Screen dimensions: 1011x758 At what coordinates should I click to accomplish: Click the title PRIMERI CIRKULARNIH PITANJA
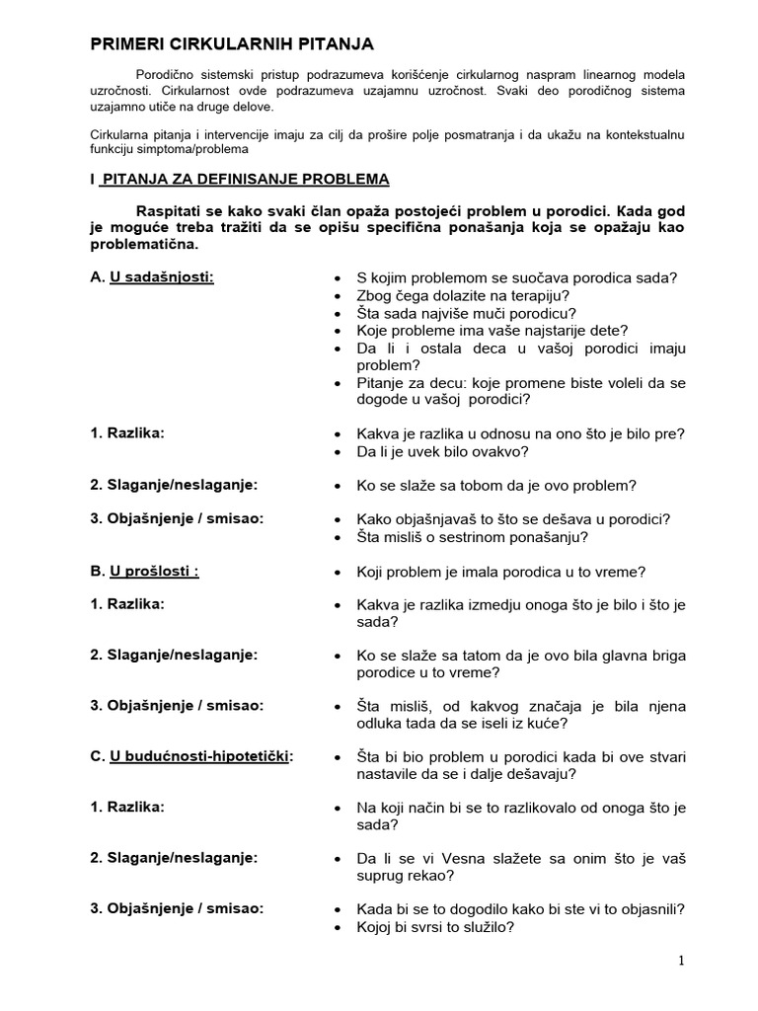pos(232,44)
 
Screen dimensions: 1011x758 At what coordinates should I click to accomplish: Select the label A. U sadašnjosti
pos(153,277)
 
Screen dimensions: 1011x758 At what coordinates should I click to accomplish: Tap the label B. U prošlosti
pos(145,571)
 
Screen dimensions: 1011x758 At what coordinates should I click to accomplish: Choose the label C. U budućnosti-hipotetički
pos(192,756)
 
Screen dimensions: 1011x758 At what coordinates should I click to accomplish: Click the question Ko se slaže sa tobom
pos(496,485)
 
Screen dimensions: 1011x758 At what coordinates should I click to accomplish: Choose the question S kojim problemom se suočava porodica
pos(516,277)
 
